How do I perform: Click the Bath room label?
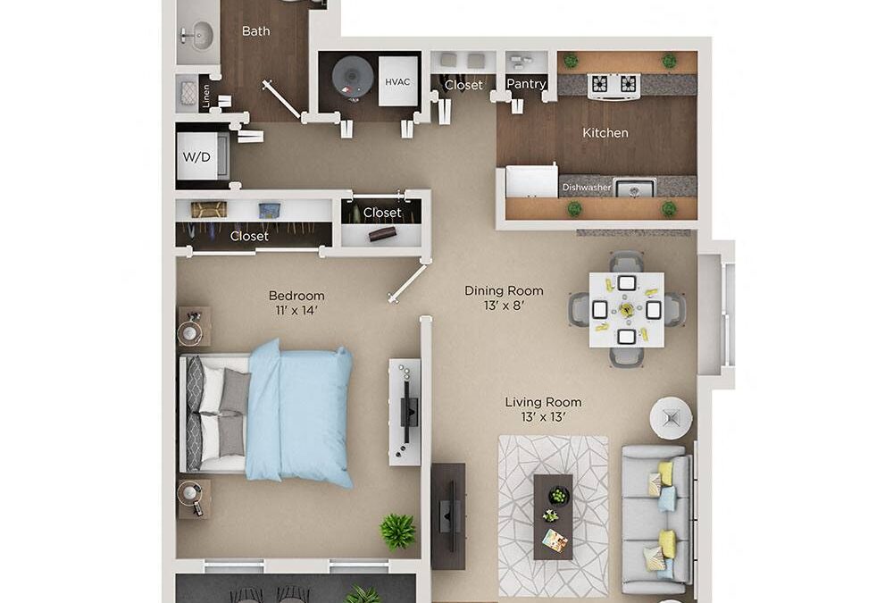(255, 31)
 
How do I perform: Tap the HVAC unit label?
(397, 82)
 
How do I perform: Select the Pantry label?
(526, 84)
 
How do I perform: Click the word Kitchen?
(605, 133)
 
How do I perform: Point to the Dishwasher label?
(587, 188)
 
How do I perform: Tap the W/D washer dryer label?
(196, 157)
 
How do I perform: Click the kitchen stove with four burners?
(614, 84)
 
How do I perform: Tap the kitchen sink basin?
(635, 188)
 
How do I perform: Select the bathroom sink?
(196, 37)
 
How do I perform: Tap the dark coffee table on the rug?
(553, 516)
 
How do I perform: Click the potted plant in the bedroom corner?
(397, 531)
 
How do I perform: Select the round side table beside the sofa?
(671, 417)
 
